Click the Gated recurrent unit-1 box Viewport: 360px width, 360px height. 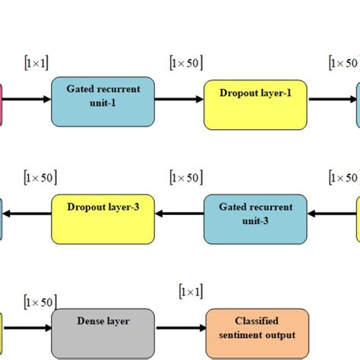tap(103, 100)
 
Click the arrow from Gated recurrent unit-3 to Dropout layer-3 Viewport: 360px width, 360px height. tap(179, 214)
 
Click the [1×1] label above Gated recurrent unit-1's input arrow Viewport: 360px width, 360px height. tap(36, 62)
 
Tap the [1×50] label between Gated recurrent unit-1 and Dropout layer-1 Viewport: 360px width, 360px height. tap(186, 62)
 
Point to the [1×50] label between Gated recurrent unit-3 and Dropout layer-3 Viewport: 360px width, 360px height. tap(186, 177)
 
